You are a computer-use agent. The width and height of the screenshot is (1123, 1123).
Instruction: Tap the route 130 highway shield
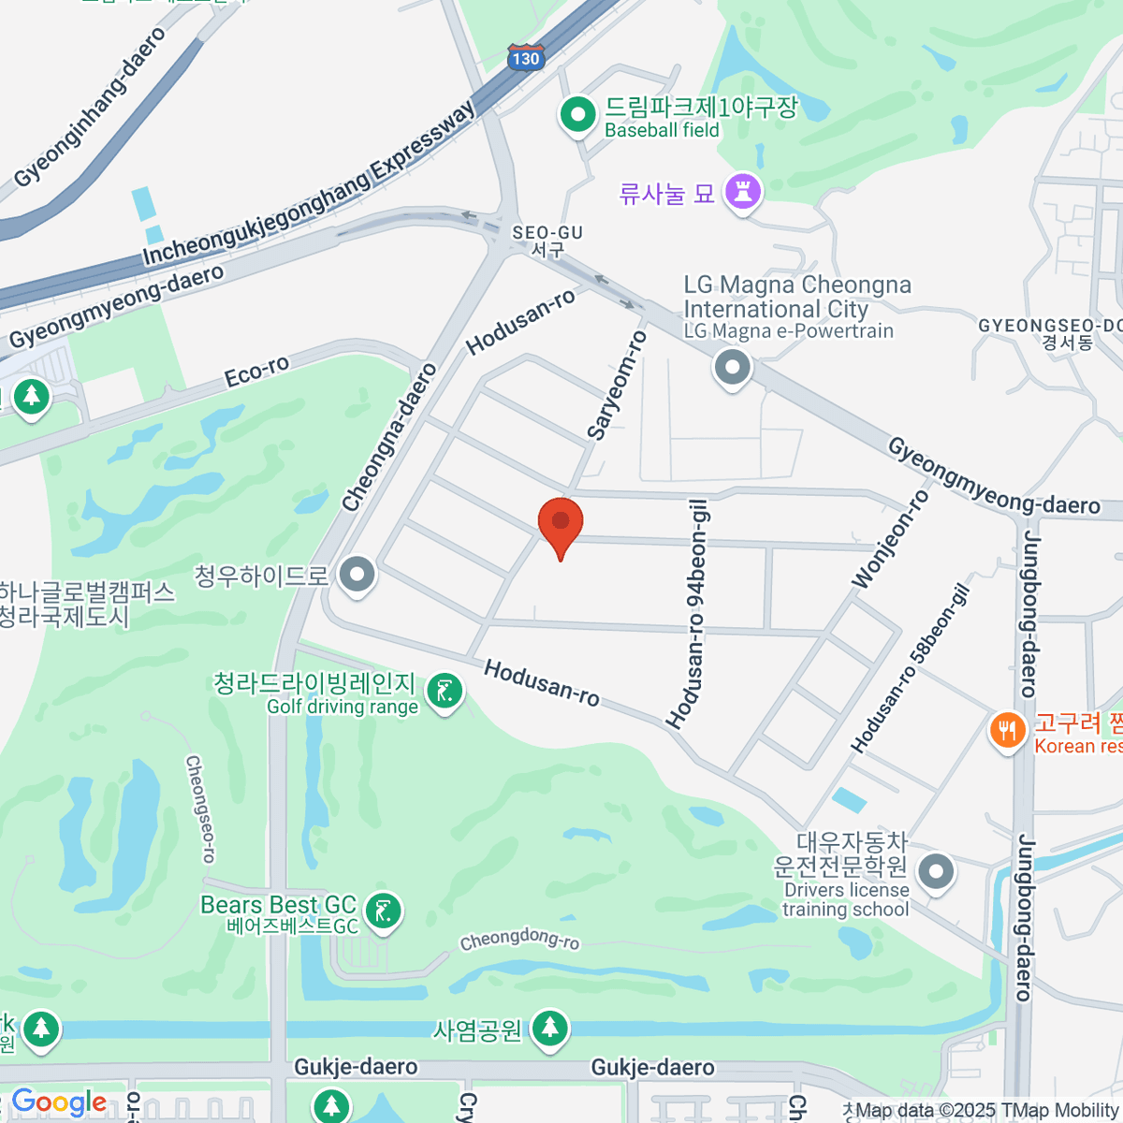click(525, 57)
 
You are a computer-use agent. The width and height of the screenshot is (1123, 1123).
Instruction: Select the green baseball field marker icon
click(578, 116)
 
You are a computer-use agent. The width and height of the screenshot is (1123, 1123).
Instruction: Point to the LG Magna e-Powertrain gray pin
click(732, 367)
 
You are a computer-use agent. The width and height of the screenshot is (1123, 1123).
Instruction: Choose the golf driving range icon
click(445, 693)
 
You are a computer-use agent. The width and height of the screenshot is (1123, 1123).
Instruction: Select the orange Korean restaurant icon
click(1007, 730)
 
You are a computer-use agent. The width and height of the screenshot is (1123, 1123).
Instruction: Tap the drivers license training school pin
click(935, 871)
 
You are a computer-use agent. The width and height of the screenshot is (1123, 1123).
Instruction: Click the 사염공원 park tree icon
click(549, 1028)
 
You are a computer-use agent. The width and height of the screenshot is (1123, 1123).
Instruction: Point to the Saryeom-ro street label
click(617, 385)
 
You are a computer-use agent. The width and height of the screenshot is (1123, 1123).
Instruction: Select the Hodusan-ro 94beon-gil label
click(688, 614)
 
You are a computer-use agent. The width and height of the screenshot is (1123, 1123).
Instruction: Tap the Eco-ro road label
click(256, 371)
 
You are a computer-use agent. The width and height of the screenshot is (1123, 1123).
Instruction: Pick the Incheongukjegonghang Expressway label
click(309, 184)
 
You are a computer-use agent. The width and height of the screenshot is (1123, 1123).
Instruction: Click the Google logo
click(58, 1102)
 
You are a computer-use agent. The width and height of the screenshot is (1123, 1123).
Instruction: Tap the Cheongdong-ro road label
click(519, 939)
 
